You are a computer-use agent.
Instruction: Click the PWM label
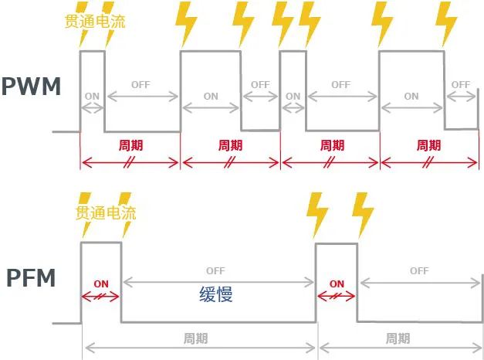tap(31, 87)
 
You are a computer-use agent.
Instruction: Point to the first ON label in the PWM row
tap(92, 97)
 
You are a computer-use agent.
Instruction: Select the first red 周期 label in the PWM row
tap(130, 145)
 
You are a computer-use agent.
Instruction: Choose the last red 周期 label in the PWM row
tap(428, 145)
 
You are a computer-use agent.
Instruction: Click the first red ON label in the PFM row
tap(101, 284)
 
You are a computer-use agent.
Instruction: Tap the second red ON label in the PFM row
tap(337, 284)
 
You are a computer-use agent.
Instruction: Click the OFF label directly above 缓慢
tap(215, 271)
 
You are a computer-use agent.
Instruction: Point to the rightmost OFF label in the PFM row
tap(419, 271)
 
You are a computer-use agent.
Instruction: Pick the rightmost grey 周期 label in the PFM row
tap(398, 338)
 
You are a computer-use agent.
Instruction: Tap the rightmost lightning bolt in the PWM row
tap(446, 23)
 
